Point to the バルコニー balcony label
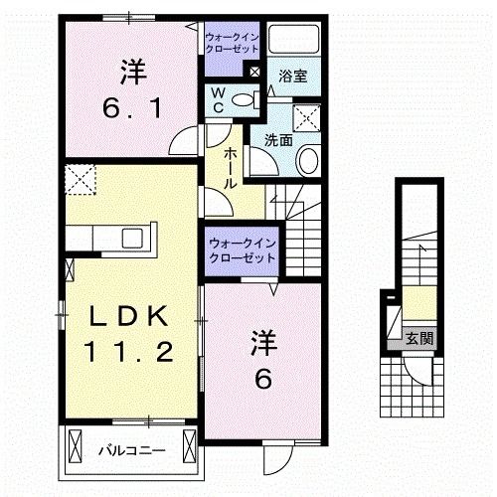130,452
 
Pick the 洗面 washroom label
278,141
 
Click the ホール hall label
230,165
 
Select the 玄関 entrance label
418,338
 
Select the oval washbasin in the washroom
307,160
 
